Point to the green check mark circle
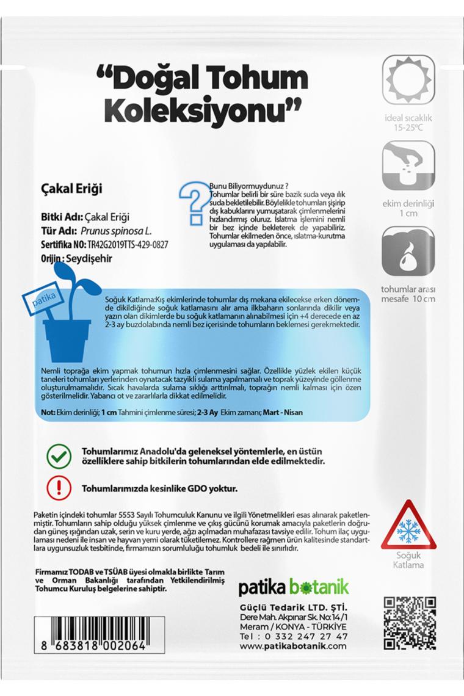pos(59,457)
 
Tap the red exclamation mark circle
pos(59,488)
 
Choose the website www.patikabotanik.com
pos(294,648)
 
